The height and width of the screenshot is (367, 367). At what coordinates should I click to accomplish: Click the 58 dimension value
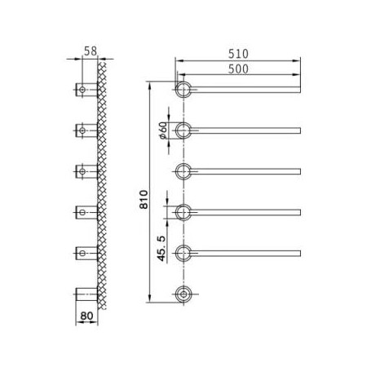click(x=91, y=51)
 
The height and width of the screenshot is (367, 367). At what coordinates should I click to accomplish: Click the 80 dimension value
click(x=86, y=316)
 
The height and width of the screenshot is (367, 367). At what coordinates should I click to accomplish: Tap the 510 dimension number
click(x=238, y=54)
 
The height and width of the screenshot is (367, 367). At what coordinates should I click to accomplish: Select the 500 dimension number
click(x=238, y=69)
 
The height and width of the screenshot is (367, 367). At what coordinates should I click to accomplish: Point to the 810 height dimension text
click(x=144, y=200)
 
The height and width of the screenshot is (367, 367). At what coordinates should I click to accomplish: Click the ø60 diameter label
click(x=163, y=130)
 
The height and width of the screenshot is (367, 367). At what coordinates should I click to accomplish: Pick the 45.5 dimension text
click(x=161, y=249)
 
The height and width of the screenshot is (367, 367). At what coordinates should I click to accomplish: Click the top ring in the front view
click(x=175, y=90)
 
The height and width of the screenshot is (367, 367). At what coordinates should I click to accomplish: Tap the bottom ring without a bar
click(x=176, y=294)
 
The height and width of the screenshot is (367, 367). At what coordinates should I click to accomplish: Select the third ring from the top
click(x=175, y=171)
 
